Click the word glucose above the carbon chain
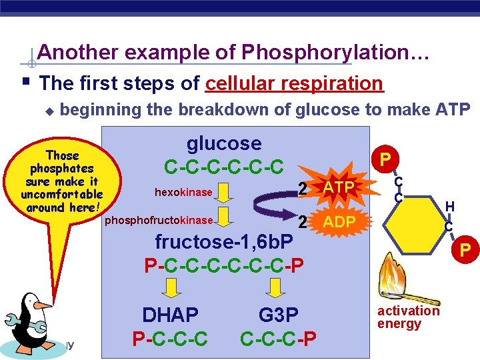point(223,143)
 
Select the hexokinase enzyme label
point(183,193)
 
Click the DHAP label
point(170,315)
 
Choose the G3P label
point(278,315)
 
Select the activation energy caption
point(408,317)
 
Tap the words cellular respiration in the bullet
point(295,83)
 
